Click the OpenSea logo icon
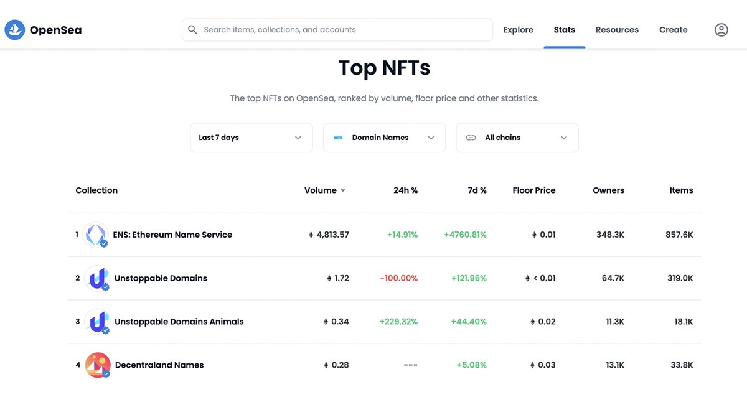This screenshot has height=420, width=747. click(15, 30)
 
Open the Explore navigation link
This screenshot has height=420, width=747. click(518, 30)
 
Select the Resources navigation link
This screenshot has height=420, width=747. click(617, 30)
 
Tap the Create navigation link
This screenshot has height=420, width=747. click(673, 30)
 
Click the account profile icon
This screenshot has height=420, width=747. click(721, 30)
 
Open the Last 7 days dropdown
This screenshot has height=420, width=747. click(251, 138)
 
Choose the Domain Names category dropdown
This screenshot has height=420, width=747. click(384, 138)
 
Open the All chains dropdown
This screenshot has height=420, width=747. click(517, 138)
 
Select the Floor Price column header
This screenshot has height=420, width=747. click(533, 190)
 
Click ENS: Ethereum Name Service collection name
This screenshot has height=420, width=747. click(172, 235)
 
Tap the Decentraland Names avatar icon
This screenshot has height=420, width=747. click(97, 365)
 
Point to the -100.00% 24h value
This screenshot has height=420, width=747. click(398, 278)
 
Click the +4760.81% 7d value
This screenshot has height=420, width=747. click(465, 235)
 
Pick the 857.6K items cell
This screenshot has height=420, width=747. click(679, 235)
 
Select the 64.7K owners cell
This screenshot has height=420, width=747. click(613, 278)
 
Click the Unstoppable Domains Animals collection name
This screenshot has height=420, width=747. click(179, 322)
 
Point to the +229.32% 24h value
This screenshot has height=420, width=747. click(398, 322)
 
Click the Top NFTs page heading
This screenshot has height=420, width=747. click(384, 68)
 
